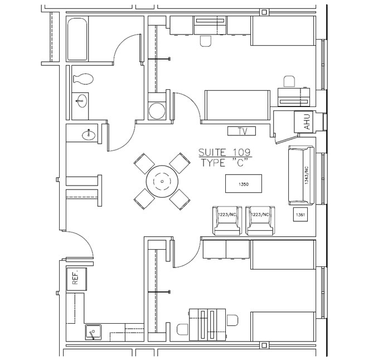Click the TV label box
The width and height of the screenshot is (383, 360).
241,132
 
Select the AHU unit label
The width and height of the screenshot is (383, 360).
306,122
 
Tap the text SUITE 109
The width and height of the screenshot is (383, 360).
225,152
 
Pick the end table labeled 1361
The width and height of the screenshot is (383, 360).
300,215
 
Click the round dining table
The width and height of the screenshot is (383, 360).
162,181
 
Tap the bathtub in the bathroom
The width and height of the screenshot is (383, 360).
77,38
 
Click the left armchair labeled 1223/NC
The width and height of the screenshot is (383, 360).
227,220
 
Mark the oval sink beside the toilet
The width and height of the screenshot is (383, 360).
82,101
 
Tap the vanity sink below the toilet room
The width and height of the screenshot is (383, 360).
87,134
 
